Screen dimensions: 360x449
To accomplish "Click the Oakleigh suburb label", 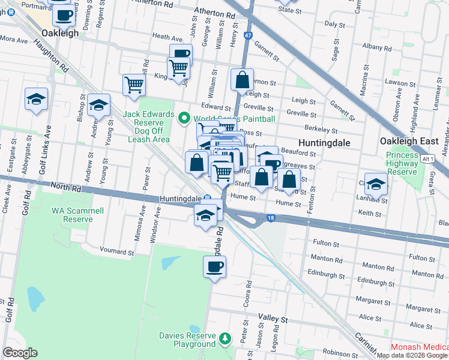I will coord(60,34).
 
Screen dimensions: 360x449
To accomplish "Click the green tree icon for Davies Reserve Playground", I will coord(224,340).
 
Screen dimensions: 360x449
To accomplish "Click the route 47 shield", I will coord(248,36).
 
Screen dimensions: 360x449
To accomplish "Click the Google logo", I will coord(20,353).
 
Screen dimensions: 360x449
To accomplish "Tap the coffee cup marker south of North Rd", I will coord(214,266).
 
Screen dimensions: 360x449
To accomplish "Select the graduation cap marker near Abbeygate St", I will coord(36,99).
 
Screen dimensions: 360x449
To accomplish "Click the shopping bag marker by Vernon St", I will coord(241,79).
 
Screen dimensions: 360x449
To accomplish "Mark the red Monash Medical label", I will coord(419,347).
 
